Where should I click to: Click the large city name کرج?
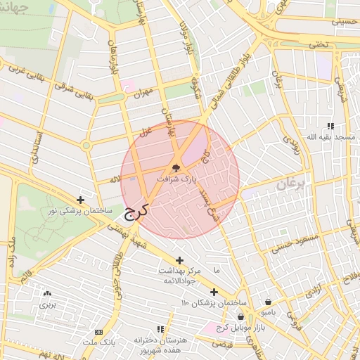click(135, 213)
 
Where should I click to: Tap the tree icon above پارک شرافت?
click(176, 168)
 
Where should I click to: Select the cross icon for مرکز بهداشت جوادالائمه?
click(180, 259)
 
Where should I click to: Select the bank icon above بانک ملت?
click(98, 332)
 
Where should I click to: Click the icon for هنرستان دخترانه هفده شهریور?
click(160, 328)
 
